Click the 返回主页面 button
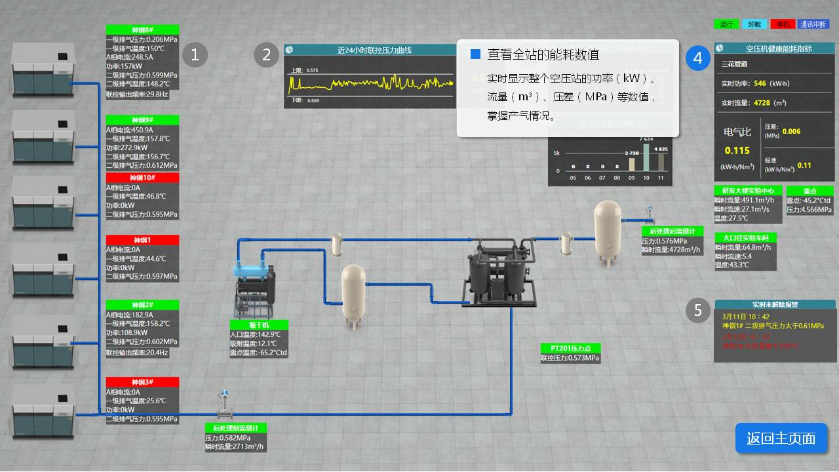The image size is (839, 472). pyautogui.click(x=781, y=439)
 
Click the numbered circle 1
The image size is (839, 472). pyautogui.click(x=195, y=55)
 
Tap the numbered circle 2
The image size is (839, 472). pyautogui.click(x=266, y=55)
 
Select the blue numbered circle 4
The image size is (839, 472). pyautogui.click(x=698, y=58)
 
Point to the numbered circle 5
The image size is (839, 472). pyautogui.click(x=698, y=310)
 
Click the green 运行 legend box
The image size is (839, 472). pyautogui.click(x=726, y=24)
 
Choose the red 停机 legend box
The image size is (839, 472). pyautogui.click(x=783, y=24)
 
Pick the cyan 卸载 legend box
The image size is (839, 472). pyautogui.click(x=754, y=24)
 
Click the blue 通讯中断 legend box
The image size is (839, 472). pyautogui.click(x=813, y=24)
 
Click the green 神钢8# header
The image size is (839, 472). pyautogui.click(x=142, y=29)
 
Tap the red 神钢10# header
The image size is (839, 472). pyautogui.click(x=142, y=178)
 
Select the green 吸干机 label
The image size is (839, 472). pyautogui.click(x=250, y=325)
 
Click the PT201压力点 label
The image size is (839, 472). pyautogui.click(x=570, y=348)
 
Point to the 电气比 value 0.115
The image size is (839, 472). pyautogui.click(x=737, y=150)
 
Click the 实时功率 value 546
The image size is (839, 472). pyautogui.click(x=760, y=83)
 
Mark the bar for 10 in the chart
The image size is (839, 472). pyautogui.click(x=646, y=157)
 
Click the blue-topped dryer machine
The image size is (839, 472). pyautogui.click(x=254, y=289)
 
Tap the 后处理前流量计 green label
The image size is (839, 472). pyautogui.click(x=236, y=428)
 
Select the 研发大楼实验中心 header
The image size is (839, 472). pyautogui.click(x=747, y=191)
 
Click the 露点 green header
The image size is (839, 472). pyautogui.click(x=810, y=191)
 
